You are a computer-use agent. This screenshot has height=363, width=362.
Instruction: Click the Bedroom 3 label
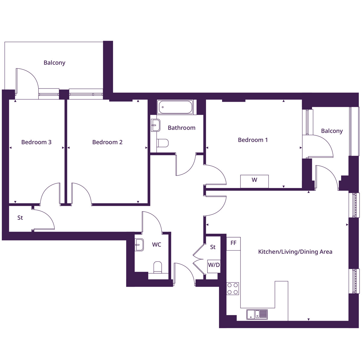pos(36,142)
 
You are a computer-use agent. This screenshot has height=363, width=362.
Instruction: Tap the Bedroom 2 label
pos(107,142)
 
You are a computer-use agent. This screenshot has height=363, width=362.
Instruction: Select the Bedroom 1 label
pos(253,140)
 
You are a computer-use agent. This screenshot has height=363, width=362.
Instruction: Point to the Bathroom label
pos(181,128)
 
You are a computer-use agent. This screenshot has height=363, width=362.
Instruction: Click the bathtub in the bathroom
pos(175,107)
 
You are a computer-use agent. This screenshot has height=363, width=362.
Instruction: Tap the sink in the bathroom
pos(156,125)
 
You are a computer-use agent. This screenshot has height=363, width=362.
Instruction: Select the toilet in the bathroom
pos(163,143)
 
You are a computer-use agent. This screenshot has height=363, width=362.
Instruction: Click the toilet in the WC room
pos(158,267)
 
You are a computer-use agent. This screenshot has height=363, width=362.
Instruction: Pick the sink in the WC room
pos(139,244)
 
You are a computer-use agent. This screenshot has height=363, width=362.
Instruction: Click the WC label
pos(157,245)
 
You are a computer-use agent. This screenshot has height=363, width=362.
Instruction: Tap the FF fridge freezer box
pos(233,243)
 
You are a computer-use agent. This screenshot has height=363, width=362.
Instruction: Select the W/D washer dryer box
pos(214,265)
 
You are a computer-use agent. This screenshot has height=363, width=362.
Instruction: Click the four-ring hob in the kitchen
pos(233,288)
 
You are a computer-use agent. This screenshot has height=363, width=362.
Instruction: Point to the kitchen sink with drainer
pos(257,314)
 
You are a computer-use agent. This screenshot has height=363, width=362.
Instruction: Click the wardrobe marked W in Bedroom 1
pos(254,181)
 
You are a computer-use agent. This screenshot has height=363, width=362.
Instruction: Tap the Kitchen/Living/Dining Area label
pos(295,252)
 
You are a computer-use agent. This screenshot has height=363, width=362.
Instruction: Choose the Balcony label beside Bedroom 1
pos(332,131)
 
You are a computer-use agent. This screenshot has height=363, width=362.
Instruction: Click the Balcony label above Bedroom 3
pos(54,63)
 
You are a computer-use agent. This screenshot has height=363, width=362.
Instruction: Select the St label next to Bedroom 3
pos(20,218)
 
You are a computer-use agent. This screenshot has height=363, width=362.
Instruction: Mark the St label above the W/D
pos(213,247)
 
